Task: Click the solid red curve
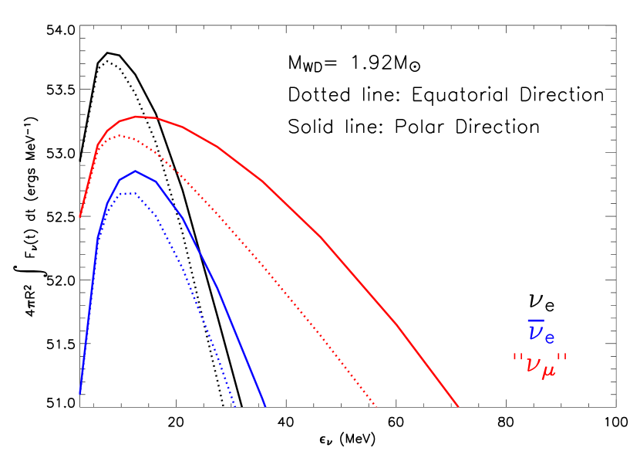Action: coord(320,236)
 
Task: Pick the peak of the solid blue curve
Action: coord(136,171)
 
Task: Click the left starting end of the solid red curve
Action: coord(80,217)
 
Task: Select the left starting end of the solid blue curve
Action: coord(80,393)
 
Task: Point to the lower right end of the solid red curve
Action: coord(458,405)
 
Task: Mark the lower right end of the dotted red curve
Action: coord(376,405)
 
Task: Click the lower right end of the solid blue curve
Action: coord(265,405)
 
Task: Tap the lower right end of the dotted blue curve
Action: coord(236,405)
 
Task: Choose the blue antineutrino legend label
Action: coord(541,332)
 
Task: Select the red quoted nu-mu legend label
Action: coord(540,365)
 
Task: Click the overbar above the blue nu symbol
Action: coord(535,321)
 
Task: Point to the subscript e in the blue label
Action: coord(550,338)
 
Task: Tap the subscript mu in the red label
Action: coord(549,371)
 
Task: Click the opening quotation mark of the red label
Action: coord(517,358)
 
